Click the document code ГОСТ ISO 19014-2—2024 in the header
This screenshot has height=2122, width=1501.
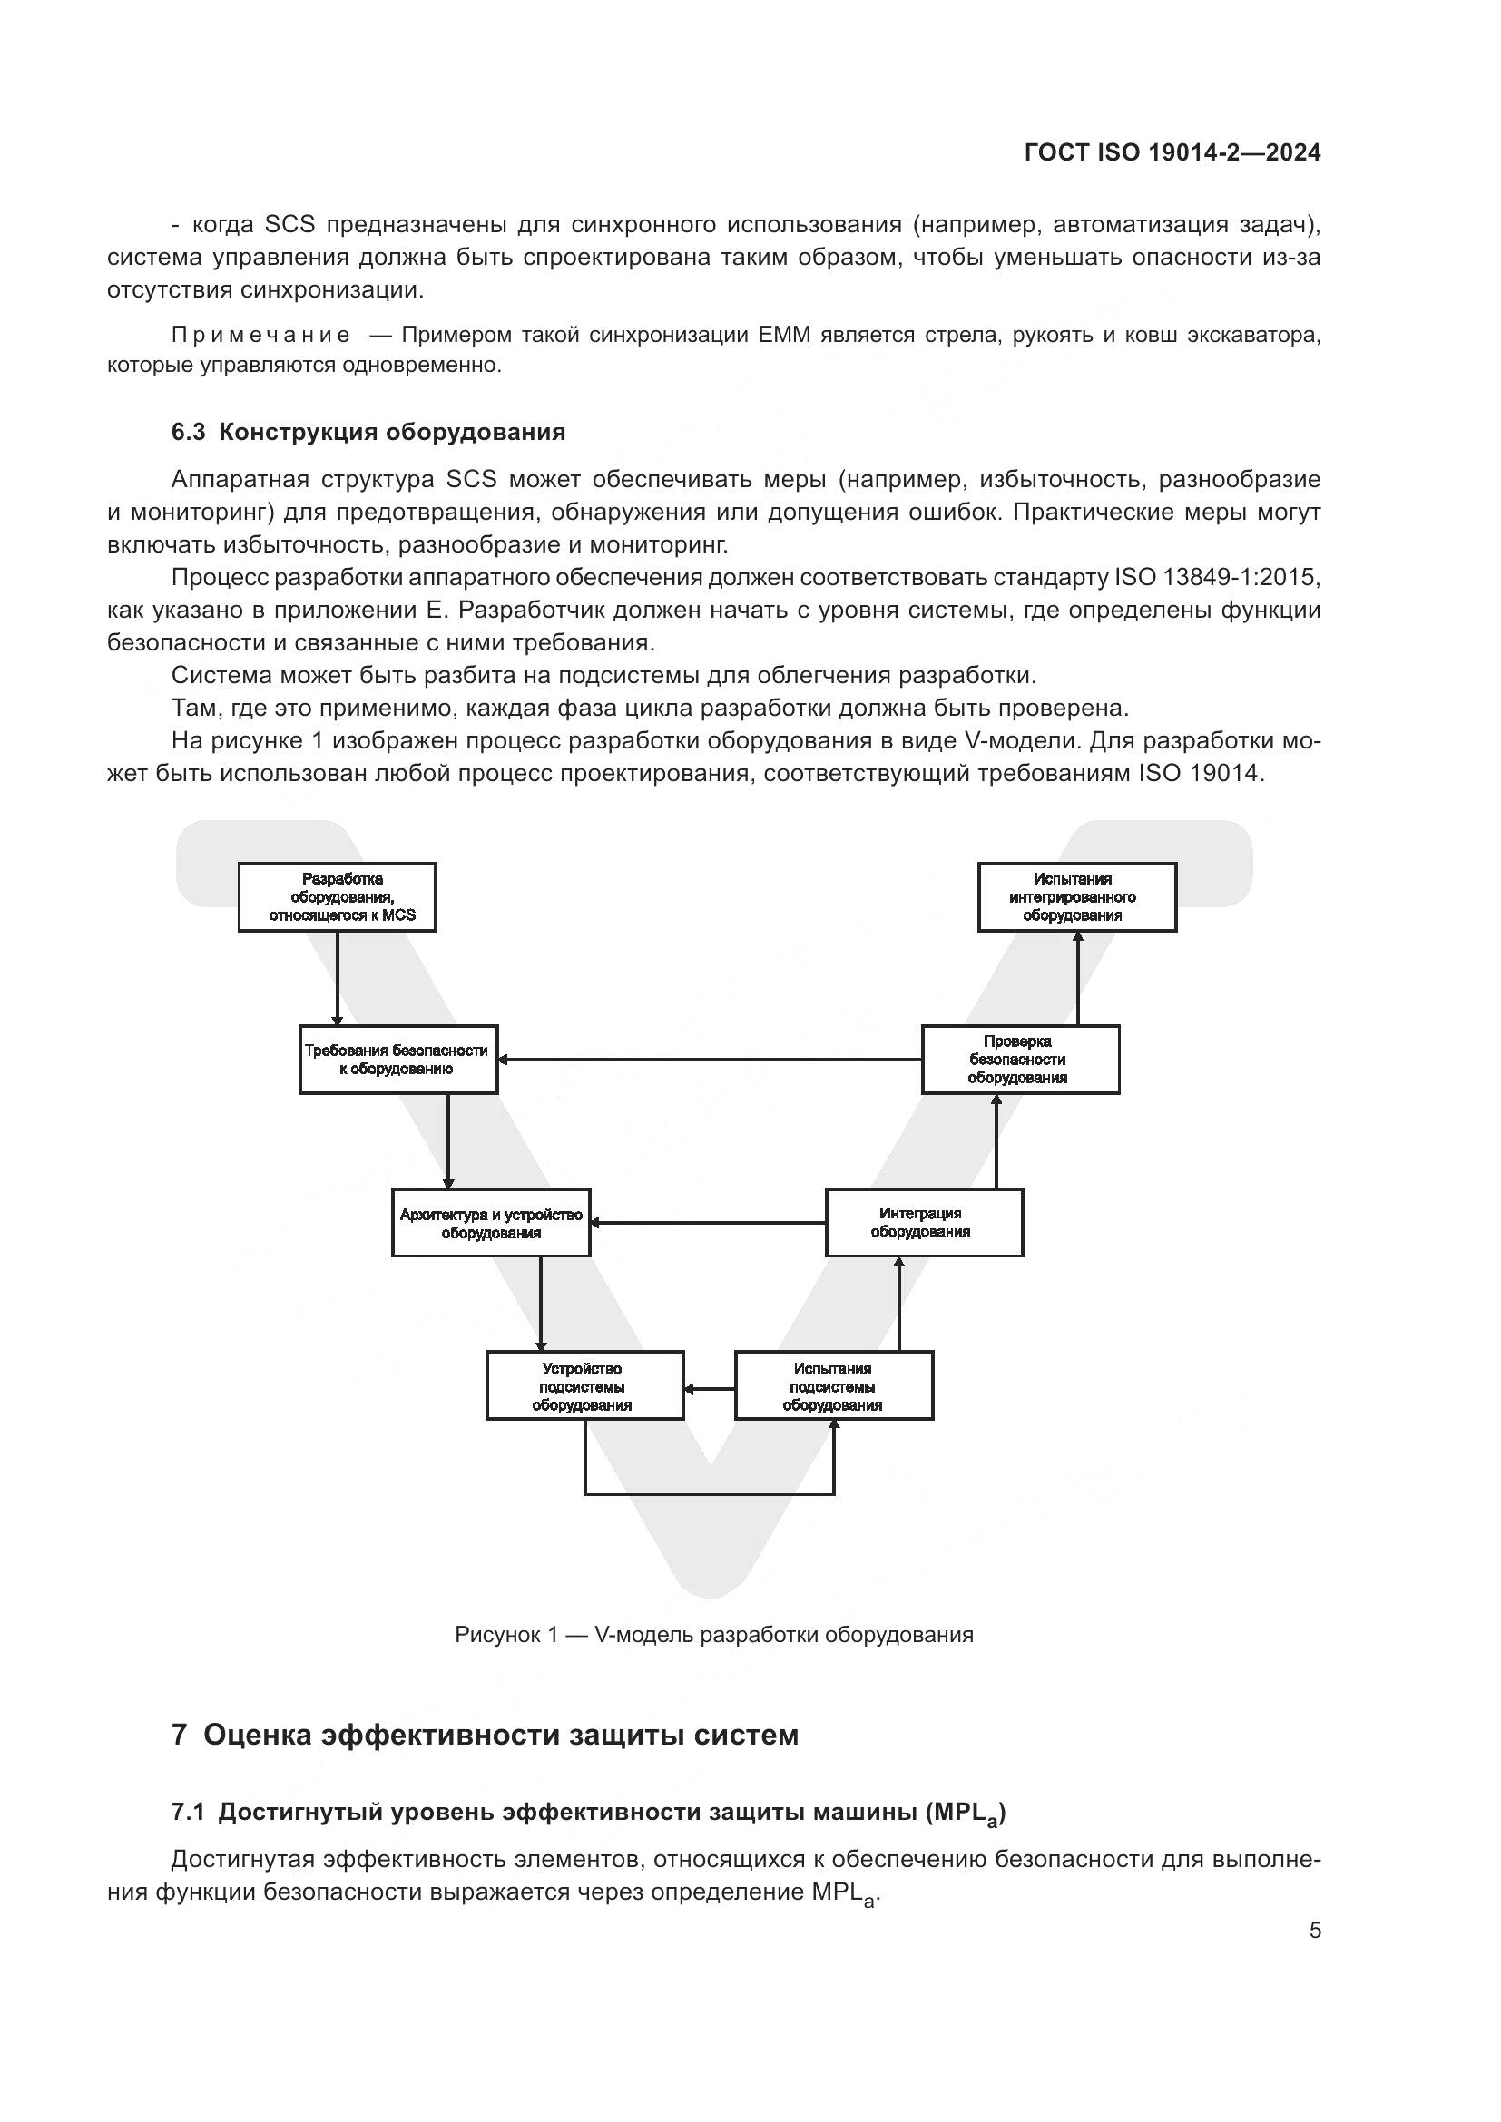[1172, 152]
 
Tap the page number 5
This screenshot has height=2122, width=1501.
[1314, 1931]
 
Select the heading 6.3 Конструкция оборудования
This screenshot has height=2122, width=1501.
[368, 433]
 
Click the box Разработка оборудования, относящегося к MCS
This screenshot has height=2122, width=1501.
[338, 897]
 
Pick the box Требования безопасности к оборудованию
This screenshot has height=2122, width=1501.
[398, 1059]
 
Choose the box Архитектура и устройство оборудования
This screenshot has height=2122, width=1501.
[491, 1223]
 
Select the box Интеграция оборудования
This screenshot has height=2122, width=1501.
[923, 1223]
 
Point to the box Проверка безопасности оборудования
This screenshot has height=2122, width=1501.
[1019, 1059]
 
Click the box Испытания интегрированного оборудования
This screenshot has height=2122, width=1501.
[1077, 897]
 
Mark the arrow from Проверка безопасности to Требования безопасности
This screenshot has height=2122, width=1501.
[710, 1059]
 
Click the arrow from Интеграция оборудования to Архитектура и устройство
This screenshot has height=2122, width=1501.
[708, 1223]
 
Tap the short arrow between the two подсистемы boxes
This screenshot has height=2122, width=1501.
[709, 1388]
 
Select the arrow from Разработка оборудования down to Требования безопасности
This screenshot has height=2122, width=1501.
[338, 978]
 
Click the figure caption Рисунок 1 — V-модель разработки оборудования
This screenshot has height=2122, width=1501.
[713, 1634]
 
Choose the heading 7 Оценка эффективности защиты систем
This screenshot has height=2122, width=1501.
[485, 1735]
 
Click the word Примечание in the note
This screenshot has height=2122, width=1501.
[260, 335]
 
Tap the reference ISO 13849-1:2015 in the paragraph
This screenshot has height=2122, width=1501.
[1216, 578]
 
